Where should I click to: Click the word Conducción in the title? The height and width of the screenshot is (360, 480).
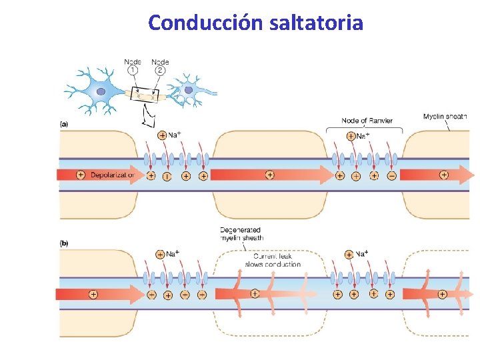(x=206, y=23)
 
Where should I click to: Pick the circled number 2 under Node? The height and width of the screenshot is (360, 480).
(x=160, y=70)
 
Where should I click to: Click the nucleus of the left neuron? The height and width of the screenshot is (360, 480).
(x=101, y=91)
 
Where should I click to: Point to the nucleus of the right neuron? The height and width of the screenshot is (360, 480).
(x=189, y=90)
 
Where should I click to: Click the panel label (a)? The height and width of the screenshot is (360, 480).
(x=65, y=123)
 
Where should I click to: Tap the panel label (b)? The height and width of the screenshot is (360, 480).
(x=65, y=243)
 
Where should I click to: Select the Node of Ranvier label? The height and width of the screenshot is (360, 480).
(x=367, y=121)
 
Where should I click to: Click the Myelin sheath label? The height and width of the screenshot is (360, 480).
(x=445, y=117)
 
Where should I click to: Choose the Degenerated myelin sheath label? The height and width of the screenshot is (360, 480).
(x=242, y=233)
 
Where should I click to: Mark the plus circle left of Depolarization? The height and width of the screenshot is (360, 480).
(x=81, y=175)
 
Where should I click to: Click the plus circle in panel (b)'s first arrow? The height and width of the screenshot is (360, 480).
(x=93, y=294)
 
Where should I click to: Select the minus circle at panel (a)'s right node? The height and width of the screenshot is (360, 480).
(x=391, y=175)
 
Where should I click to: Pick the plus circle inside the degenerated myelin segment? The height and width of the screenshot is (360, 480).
(x=254, y=293)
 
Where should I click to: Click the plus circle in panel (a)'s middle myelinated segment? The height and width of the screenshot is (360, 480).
(x=269, y=175)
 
